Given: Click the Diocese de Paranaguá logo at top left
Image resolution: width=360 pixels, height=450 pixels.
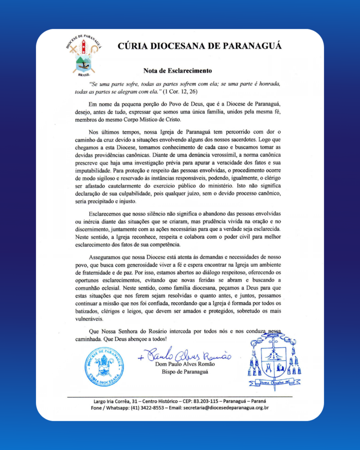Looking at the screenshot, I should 84,56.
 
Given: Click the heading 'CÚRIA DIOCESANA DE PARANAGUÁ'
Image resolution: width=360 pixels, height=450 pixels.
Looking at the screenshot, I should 200,46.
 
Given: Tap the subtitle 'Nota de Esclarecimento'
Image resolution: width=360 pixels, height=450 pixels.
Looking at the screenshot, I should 178,70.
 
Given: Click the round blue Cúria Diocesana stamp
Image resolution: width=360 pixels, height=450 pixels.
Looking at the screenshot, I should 104,366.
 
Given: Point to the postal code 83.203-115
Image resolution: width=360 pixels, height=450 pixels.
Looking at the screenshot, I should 204,401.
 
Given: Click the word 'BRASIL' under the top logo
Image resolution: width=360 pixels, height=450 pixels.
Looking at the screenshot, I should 84,75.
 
